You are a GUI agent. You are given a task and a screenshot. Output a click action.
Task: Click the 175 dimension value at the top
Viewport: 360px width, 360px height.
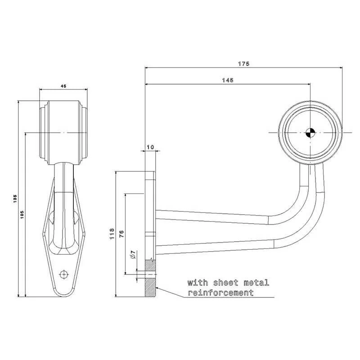point(243,64)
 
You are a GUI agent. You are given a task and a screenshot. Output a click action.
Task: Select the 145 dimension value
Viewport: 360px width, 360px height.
point(228,80)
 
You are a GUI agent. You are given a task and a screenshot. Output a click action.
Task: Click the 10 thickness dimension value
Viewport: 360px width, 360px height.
point(150,147)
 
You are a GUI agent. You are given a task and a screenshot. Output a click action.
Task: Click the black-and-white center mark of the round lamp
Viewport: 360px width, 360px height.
point(310,133)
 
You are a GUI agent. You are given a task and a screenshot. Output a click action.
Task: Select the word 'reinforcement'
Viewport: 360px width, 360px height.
point(220,293)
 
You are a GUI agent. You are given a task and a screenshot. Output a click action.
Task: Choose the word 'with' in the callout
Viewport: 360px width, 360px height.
point(196,283)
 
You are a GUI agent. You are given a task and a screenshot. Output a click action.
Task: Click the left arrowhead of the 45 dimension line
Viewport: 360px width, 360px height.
point(41,90)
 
